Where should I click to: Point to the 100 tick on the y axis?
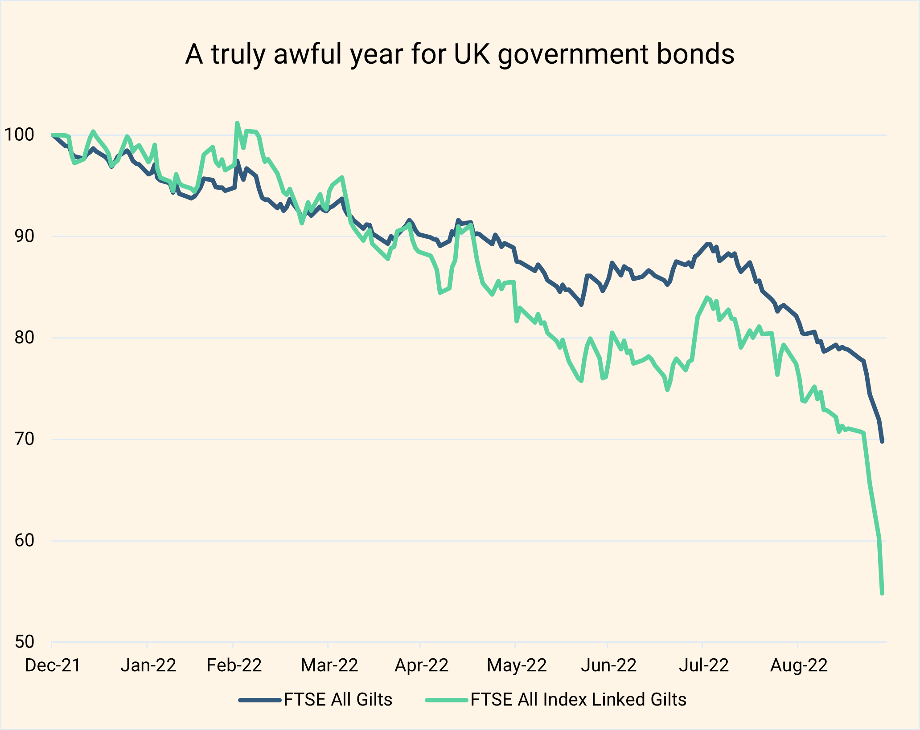[19, 134]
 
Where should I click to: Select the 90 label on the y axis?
[24, 236]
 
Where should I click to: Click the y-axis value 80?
[24, 338]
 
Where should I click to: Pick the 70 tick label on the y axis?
[24, 439]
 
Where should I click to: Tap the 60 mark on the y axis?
[24, 541]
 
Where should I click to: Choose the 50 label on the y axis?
[24, 642]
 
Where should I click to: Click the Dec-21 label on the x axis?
[53, 665]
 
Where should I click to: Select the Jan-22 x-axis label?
[148, 665]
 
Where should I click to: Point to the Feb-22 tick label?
[234, 665]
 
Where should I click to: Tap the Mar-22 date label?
[329, 665]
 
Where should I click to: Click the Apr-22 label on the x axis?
[421, 665]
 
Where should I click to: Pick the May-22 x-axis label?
[517, 665]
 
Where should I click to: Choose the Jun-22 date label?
[609, 665]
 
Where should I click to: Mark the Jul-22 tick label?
[703, 665]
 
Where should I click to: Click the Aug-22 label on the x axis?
[799, 665]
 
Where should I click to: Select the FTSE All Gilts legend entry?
[338, 700]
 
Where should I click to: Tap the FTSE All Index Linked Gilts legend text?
[578, 700]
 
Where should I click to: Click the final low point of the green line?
[882, 593]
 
